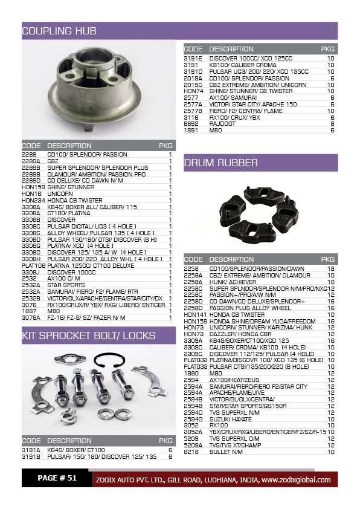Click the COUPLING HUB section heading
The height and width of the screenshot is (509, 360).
[59, 31]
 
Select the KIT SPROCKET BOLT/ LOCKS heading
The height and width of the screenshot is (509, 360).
[88, 336]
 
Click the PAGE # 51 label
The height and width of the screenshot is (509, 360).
[57, 478]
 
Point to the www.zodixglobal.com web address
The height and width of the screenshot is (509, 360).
[295, 480]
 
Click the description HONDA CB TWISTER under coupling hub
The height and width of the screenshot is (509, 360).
[75, 201]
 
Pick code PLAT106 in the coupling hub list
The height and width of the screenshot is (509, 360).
[33, 266]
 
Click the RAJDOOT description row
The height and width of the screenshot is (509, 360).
[223, 123]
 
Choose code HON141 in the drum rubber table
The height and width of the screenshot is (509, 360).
[194, 315]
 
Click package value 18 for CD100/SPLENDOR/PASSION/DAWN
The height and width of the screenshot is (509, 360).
[330, 268]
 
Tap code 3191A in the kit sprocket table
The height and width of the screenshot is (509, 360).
[31, 450]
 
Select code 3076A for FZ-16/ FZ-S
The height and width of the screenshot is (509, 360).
[31, 317]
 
